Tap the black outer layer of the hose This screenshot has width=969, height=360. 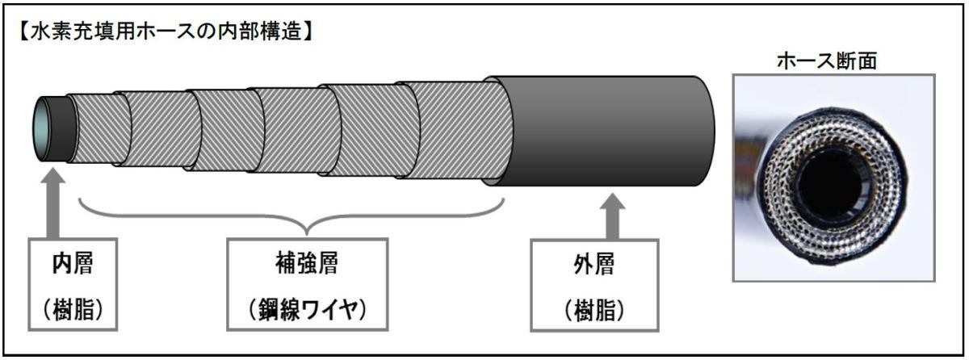606,129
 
